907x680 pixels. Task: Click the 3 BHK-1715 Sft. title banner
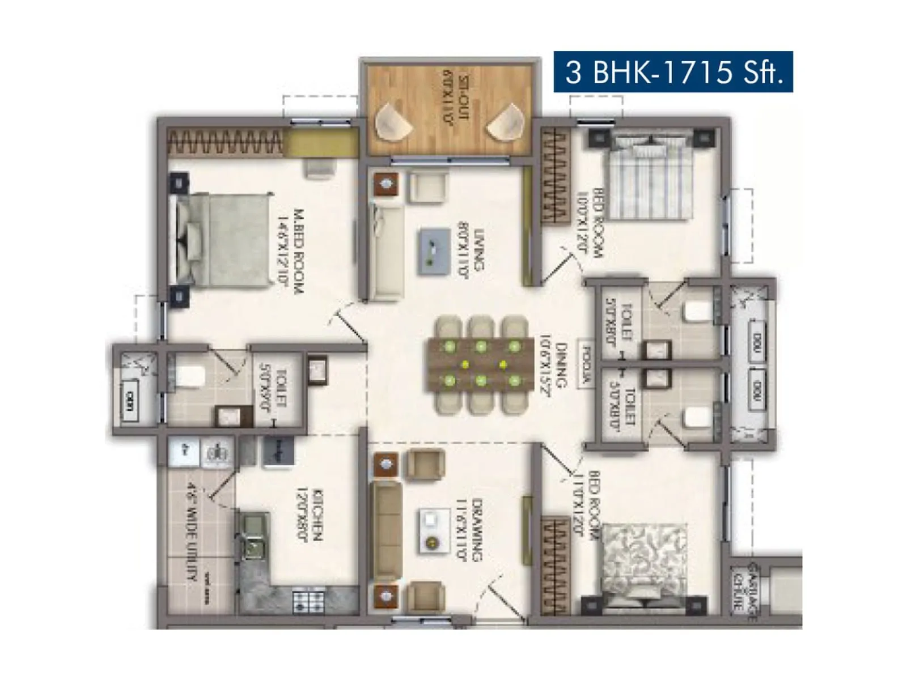673,72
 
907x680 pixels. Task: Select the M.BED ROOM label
290,250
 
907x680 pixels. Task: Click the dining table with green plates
481,363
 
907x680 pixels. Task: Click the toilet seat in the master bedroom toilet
189,375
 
